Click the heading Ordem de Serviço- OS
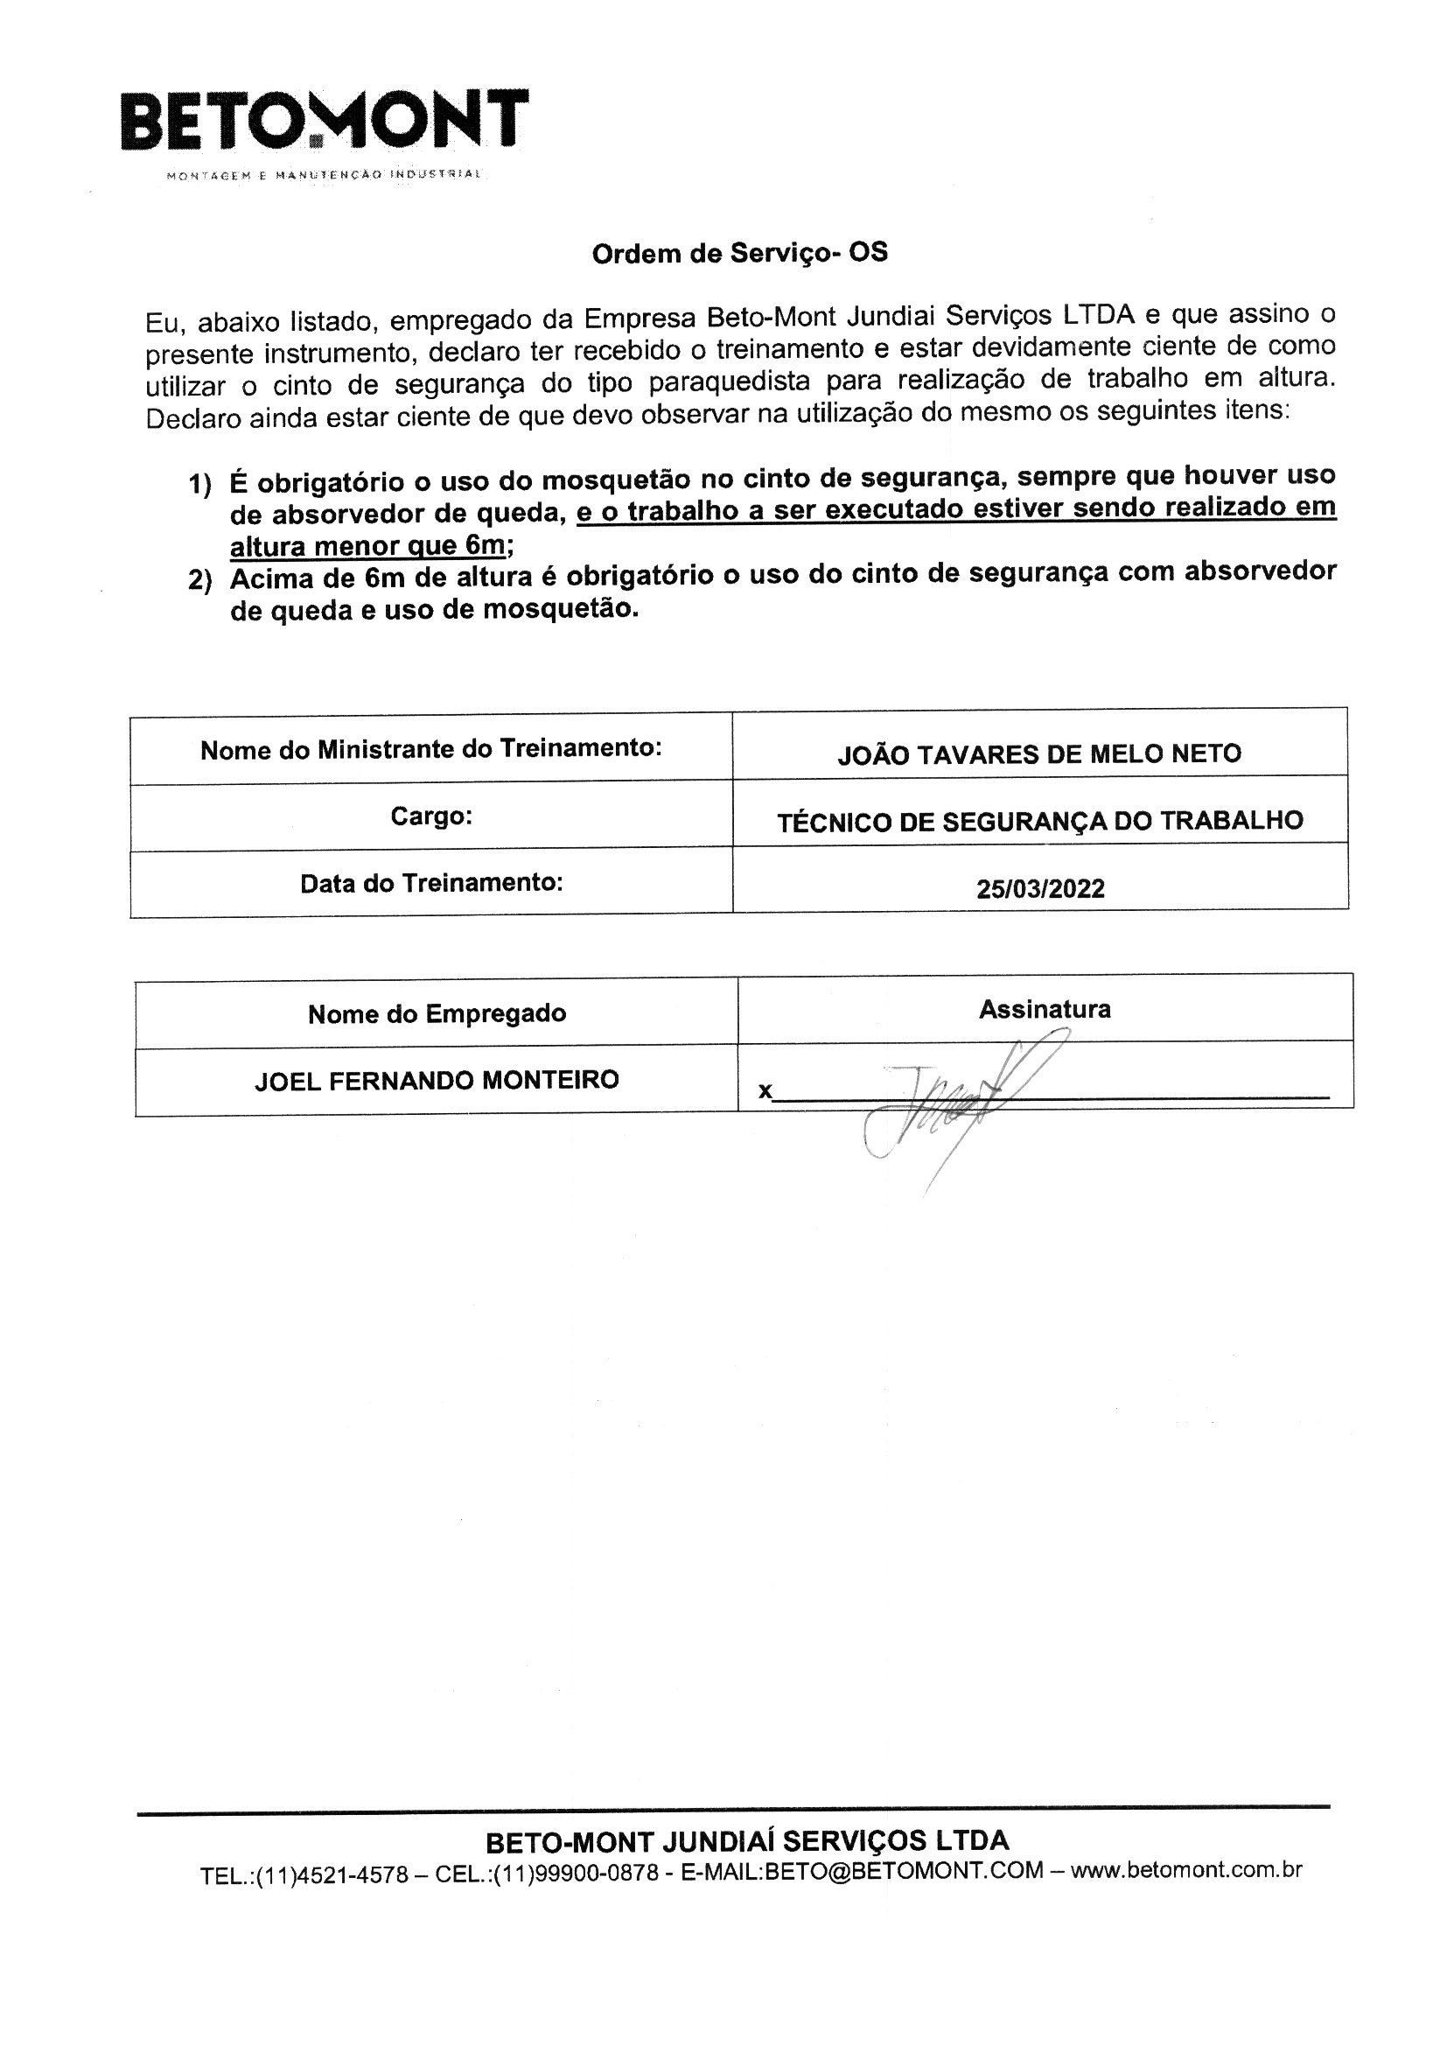click(739, 254)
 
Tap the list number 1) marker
click(199, 485)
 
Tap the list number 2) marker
click(199, 581)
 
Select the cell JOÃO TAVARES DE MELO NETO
click(1039, 754)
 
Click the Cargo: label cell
click(431, 816)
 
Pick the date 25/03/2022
click(1040, 888)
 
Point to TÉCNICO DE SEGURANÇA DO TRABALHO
click(1040, 822)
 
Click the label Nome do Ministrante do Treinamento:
click(431, 749)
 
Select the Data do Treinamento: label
click(431, 883)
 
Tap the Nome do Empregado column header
click(437, 1014)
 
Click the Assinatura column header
click(1045, 1010)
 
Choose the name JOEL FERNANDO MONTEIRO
click(437, 1081)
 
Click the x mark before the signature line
click(765, 1091)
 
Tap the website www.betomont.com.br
click(1186, 1869)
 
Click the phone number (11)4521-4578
click(332, 1874)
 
